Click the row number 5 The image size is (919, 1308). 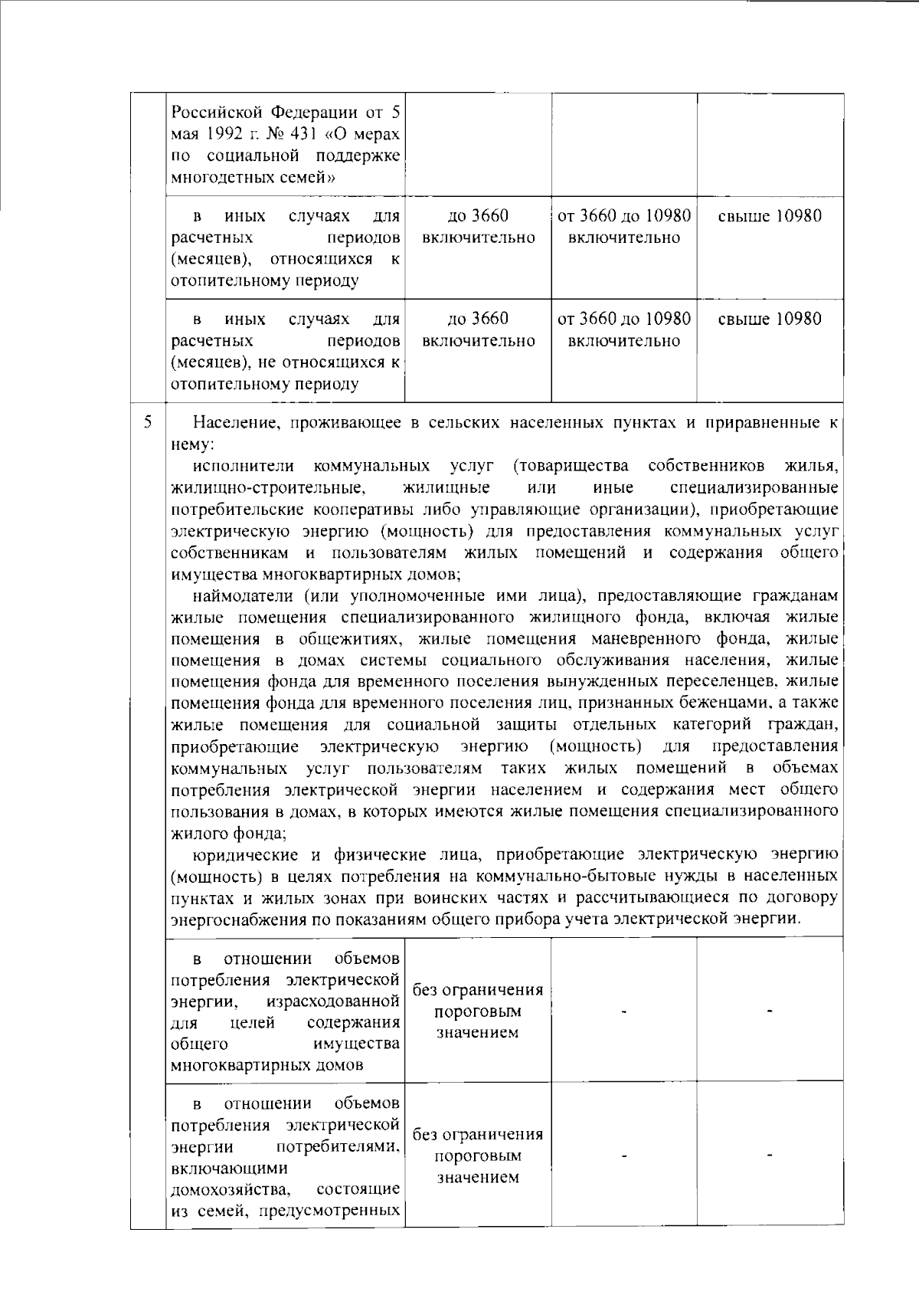coord(149,422)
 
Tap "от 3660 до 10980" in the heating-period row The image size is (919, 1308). coord(625,216)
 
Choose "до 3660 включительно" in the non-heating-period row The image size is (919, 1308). coord(478,329)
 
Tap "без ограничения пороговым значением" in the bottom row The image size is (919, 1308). coord(478,1156)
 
